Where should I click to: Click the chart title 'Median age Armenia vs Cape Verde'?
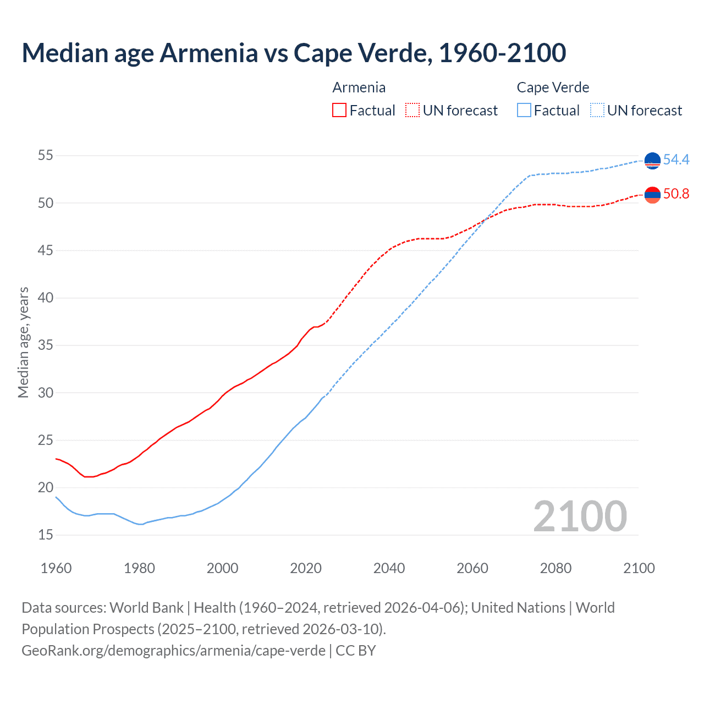pos(294,53)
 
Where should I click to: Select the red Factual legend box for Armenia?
pos(339,111)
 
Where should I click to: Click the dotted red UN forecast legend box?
pos(413,111)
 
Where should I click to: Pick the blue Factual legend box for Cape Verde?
pos(524,111)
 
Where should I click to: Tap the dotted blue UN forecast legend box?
pos(597,111)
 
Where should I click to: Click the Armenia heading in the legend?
pos(359,87)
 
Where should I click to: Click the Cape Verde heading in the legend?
pos(553,87)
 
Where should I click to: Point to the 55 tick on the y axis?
pos(46,156)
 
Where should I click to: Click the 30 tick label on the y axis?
pos(46,393)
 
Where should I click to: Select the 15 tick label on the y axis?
pos(46,535)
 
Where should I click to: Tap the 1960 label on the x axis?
pos(56,568)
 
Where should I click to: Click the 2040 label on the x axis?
pos(389,568)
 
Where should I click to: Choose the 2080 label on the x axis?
pos(555,568)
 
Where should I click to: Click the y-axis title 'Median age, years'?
pos(23,342)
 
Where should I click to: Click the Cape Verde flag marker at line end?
pos(652,161)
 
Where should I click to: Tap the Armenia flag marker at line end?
pos(652,195)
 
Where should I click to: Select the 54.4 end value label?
pos(676,159)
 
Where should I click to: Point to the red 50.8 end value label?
pos(676,194)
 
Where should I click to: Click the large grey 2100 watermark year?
pos(580,516)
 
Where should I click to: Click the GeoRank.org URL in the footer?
pos(173,651)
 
